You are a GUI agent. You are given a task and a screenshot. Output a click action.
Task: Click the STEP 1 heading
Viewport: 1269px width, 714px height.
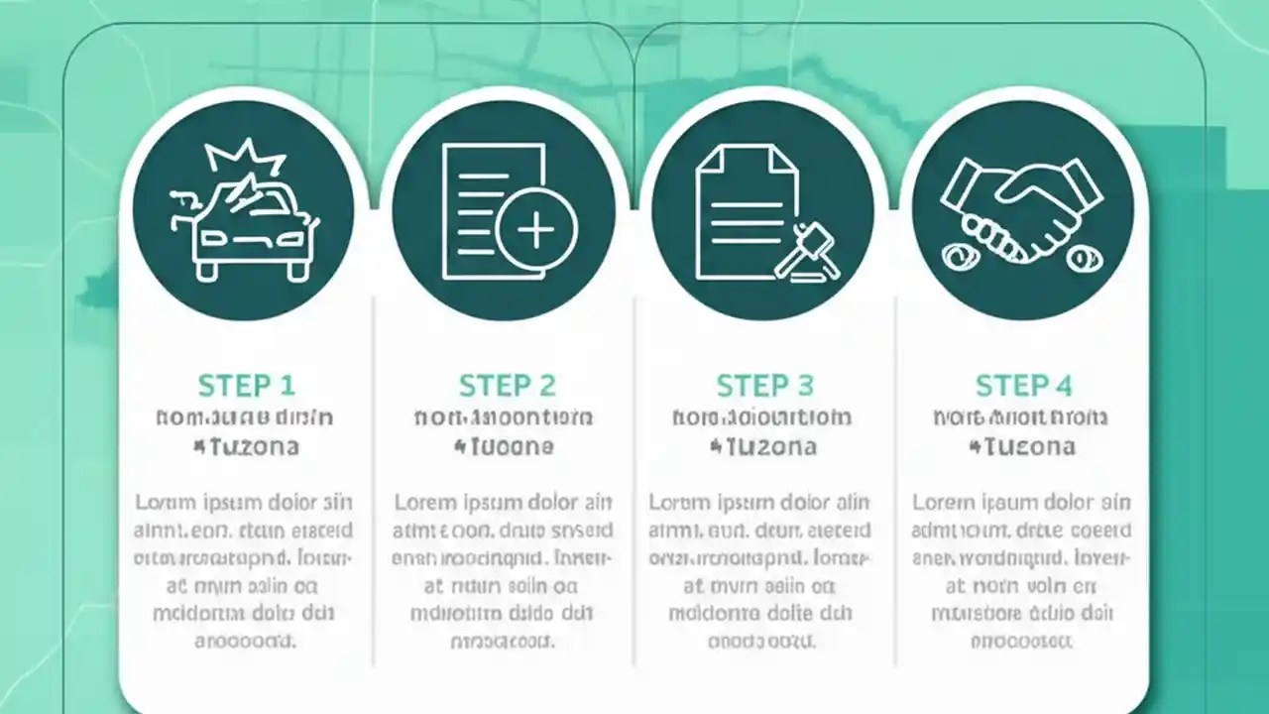(x=246, y=385)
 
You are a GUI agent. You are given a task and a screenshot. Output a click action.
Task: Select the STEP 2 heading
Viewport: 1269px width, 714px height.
(x=507, y=385)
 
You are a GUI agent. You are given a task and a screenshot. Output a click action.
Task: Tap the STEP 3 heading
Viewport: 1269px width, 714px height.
(x=765, y=385)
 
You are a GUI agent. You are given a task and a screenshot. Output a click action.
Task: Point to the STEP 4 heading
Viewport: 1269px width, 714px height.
(x=1024, y=385)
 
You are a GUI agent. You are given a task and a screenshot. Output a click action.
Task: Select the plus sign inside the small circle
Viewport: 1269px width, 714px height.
(x=536, y=231)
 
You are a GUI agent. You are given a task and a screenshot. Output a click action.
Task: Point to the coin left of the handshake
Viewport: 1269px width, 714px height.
(x=959, y=258)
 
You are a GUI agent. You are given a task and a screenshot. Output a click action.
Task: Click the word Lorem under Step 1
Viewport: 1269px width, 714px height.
(x=165, y=502)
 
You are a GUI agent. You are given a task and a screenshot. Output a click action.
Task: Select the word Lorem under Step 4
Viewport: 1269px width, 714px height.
(x=942, y=502)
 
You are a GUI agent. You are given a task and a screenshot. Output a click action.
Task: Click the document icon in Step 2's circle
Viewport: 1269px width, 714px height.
(x=486, y=208)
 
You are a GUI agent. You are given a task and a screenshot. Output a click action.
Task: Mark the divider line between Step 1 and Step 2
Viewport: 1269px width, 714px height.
(x=374, y=476)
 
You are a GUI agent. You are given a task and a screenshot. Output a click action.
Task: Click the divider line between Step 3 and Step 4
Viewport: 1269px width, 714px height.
(x=895, y=476)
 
